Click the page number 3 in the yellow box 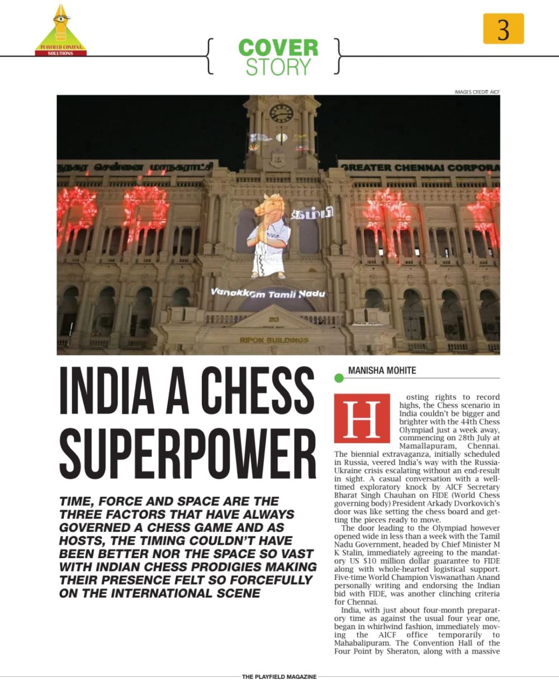503,29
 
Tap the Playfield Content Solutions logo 61,31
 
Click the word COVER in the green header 278,48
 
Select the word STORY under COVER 278,67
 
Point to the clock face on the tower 281,113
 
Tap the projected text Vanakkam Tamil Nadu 268,293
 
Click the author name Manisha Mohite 382,370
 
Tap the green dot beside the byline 338,379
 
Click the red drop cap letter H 361,418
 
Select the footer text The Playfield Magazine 279,677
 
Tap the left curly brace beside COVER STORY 210,56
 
